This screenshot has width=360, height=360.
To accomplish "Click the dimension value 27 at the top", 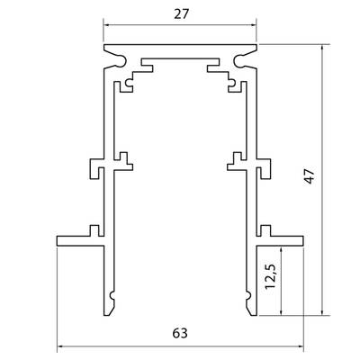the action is (182, 14).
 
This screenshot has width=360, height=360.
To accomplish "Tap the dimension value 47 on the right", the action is (310, 176).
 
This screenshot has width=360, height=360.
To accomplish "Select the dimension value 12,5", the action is (270, 276).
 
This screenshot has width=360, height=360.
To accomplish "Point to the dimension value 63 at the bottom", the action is (180, 333).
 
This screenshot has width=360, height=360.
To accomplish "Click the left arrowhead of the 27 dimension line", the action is (106, 25).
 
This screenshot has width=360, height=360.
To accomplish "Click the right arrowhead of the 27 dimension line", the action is (254, 25).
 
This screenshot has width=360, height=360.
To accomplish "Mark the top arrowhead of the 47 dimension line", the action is (322, 48).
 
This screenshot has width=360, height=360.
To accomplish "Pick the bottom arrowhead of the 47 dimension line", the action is (322, 312).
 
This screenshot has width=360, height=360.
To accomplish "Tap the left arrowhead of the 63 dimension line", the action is (59, 347).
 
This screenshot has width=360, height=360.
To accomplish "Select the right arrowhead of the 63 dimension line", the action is (301, 347).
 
